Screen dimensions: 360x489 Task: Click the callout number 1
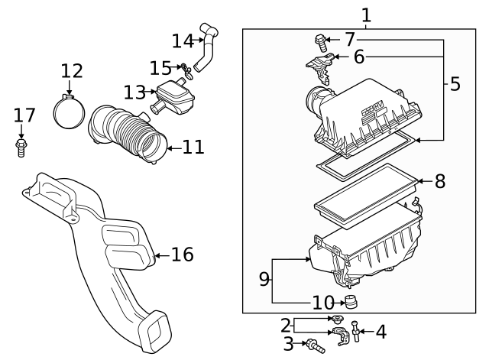click(x=366, y=15)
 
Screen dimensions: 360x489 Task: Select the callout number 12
click(x=71, y=71)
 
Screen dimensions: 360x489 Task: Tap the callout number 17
click(x=24, y=115)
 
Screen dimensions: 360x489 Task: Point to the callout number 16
click(x=182, y=254)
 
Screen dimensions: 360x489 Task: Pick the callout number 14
click(x=183, y=40)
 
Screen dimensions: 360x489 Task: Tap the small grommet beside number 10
click(x=352, y=300)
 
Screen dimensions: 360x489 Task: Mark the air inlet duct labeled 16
click(x=99, y=245)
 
